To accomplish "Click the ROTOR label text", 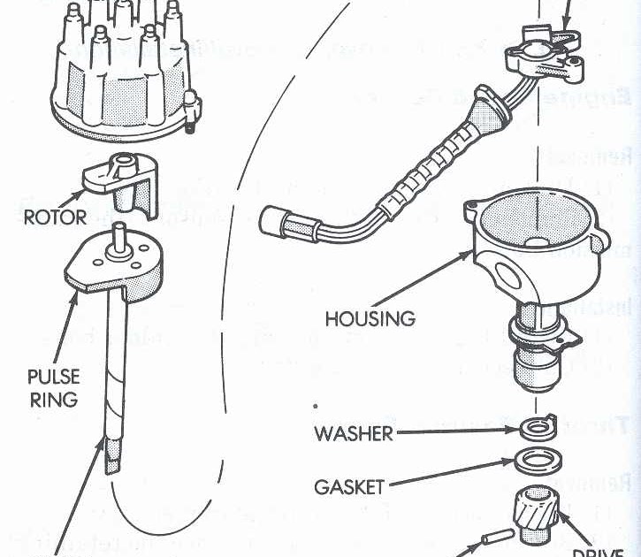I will coord(56,217).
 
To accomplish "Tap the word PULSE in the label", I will coord(53,378).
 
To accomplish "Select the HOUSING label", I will coord(370,317).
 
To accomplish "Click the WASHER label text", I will coord(354,433).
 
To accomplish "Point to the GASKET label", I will coord(349,486).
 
